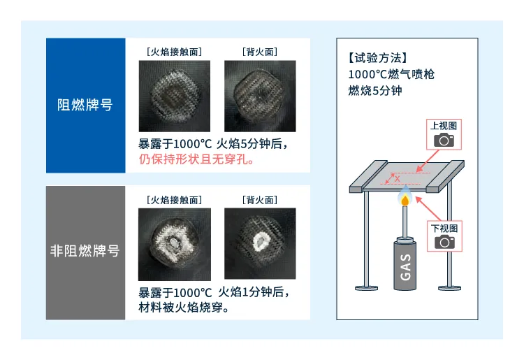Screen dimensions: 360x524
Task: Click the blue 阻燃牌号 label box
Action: [x=85, y=105]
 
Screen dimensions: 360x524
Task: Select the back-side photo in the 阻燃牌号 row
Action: [x=259, y=96]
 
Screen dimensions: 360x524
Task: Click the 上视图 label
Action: [x=444, y=126]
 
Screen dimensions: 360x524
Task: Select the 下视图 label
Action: [x=444, y=228]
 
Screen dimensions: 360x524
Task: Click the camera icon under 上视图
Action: [x=444, y=140]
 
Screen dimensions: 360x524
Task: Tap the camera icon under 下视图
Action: [x=444, y=242]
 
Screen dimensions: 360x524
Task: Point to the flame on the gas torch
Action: [x=404, y=199]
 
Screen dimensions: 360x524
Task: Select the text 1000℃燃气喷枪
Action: [x=391, y=74]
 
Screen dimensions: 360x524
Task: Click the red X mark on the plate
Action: [x=398, y=179]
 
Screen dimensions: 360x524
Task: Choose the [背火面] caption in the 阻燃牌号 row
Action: [x=259, y=52]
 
